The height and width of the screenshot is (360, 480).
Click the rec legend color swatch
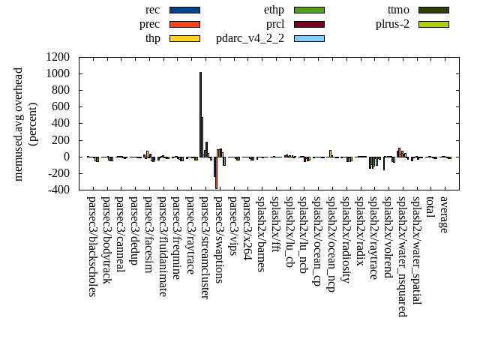click(184, 10)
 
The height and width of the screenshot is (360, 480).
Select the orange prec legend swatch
click(184, 24)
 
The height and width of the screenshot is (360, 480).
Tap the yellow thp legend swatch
click(184, 37)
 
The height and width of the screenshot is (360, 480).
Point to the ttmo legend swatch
click(433, 10)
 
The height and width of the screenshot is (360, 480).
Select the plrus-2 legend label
click(392, 24)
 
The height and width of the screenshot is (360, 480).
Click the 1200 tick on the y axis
click(58, 57)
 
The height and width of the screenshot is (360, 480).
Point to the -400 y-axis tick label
click(58, 190)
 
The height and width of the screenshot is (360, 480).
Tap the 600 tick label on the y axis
click(61, 107)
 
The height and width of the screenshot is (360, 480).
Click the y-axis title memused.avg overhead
click(19, 124)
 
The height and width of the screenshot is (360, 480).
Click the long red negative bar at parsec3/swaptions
click(216, 173)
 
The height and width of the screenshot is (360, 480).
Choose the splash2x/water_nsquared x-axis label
click(401, 256)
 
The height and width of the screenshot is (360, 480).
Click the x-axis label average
click(444, 214)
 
